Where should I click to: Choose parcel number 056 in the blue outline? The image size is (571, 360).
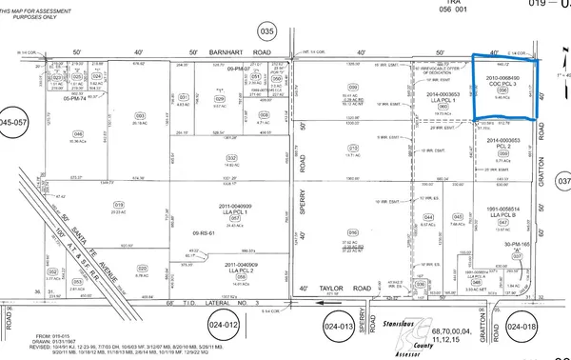point(504,89)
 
